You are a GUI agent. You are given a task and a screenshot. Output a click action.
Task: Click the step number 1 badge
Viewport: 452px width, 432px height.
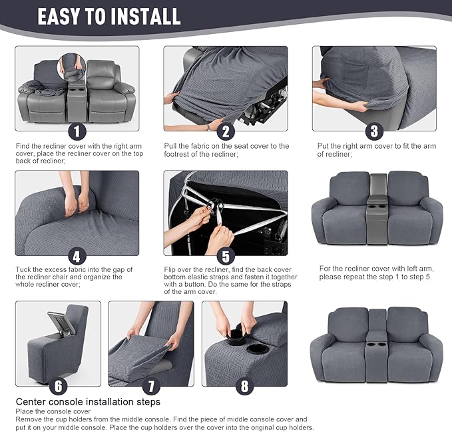point(77,131)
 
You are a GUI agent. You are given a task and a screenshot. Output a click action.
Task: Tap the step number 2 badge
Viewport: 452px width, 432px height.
point(226,131)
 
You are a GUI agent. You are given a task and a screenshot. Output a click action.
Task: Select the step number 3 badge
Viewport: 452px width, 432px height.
point(374,131)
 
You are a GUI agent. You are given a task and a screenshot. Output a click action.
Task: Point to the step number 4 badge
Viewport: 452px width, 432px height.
point(77,256)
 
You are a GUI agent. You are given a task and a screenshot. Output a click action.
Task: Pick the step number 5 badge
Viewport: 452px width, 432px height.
point(226,256)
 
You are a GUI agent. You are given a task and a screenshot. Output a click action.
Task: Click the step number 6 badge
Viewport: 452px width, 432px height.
point(58,385)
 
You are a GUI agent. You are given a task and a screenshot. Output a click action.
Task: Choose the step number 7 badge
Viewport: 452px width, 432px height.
point(150,385)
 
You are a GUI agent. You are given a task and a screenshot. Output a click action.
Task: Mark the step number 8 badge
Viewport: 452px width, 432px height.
point(244,385)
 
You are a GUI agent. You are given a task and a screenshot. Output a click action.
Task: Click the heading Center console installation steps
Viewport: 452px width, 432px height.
point(88,402)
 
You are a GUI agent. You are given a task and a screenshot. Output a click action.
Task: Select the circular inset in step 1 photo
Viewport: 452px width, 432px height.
point(71,66)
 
